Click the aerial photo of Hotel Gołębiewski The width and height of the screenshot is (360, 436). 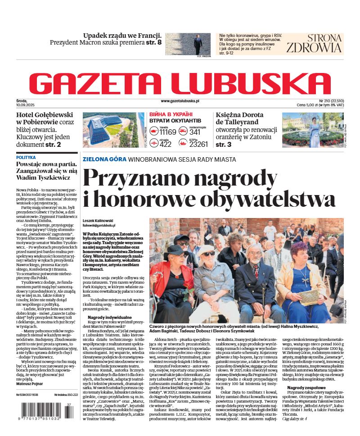[110, 130]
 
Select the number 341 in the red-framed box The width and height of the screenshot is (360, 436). [195, 132]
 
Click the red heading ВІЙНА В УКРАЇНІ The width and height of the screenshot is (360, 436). [171, 114]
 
